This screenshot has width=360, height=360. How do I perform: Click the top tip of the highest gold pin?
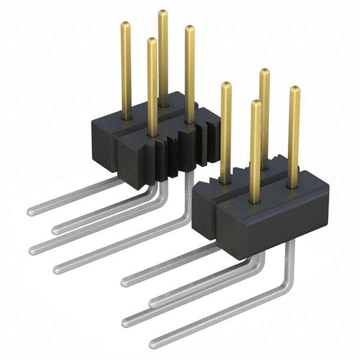tap(163, 13)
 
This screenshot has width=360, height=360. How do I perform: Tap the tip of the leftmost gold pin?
tap(126, 25)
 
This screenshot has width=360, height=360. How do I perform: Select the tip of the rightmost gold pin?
tap(295, 90)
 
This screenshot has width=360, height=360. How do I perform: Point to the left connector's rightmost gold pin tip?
tap(190, 28)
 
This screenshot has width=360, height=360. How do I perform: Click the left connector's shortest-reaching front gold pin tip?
tap(152, 41)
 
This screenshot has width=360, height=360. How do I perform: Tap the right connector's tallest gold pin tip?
tap(264, 72)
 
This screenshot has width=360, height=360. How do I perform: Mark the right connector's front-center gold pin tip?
tap(256, 103)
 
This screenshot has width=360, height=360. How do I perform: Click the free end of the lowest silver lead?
tap(154, 344)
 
